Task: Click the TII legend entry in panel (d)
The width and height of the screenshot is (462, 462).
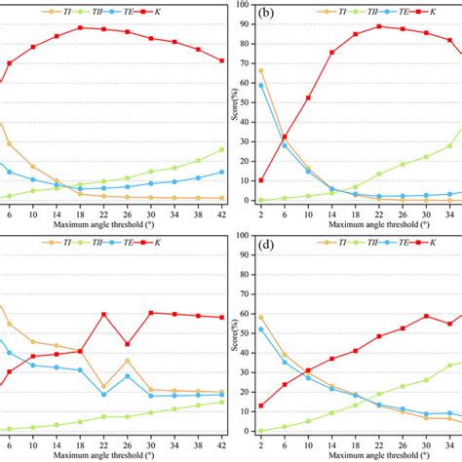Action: tap(357, 240)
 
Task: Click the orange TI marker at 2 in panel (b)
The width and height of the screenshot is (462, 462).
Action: tap(260, 70)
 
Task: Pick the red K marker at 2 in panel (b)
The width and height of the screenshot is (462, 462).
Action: tap(260, 180)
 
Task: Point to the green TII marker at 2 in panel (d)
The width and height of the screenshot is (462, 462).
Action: tap(260, 431)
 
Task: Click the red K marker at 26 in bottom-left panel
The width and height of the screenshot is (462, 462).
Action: tap(128, 344)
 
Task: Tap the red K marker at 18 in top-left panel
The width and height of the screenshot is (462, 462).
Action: tap(80, 27)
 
